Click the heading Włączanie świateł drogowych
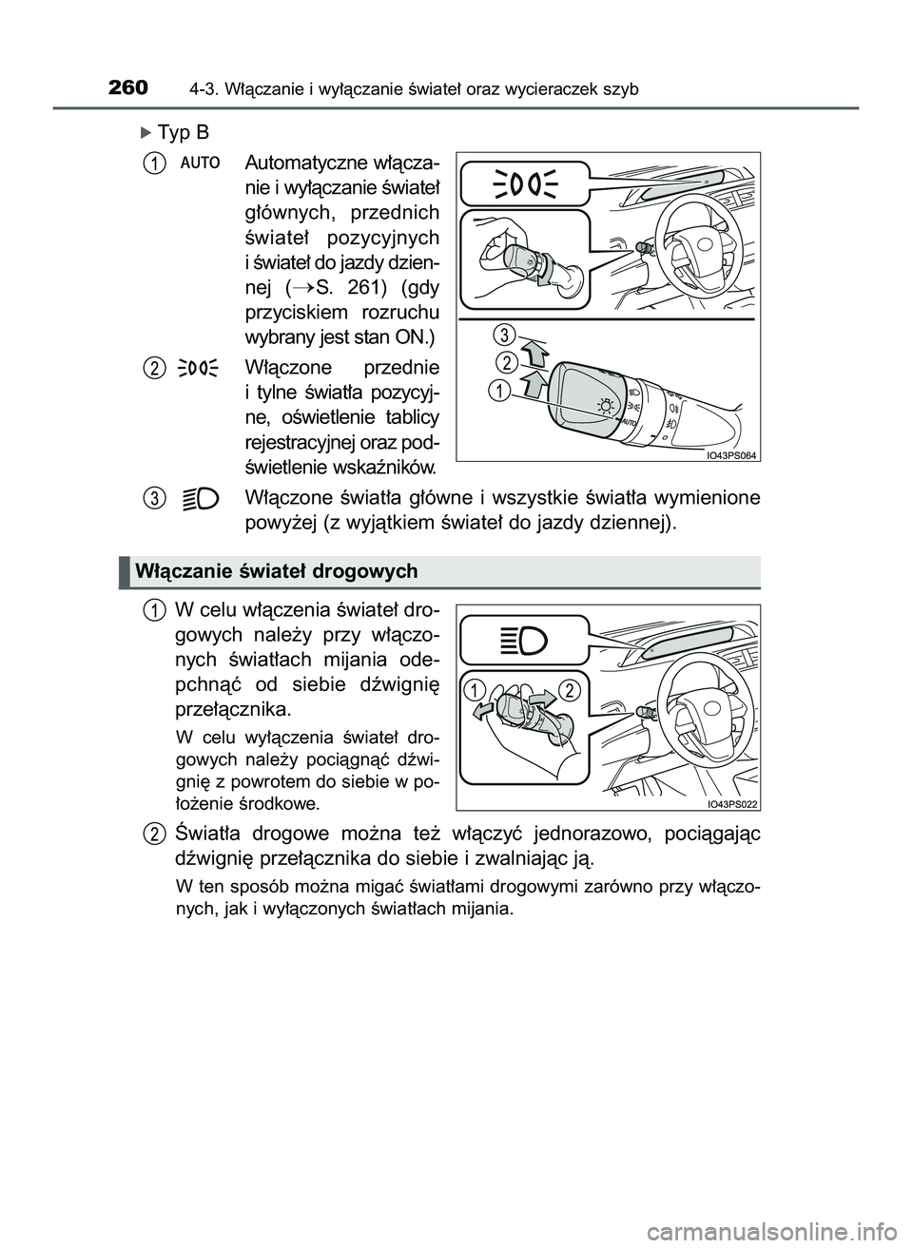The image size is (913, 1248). (277, 571)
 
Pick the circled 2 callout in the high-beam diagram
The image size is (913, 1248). (570, 689)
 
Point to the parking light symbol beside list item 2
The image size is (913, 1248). (198, 368)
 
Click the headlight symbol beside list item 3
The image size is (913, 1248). (200, 497)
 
